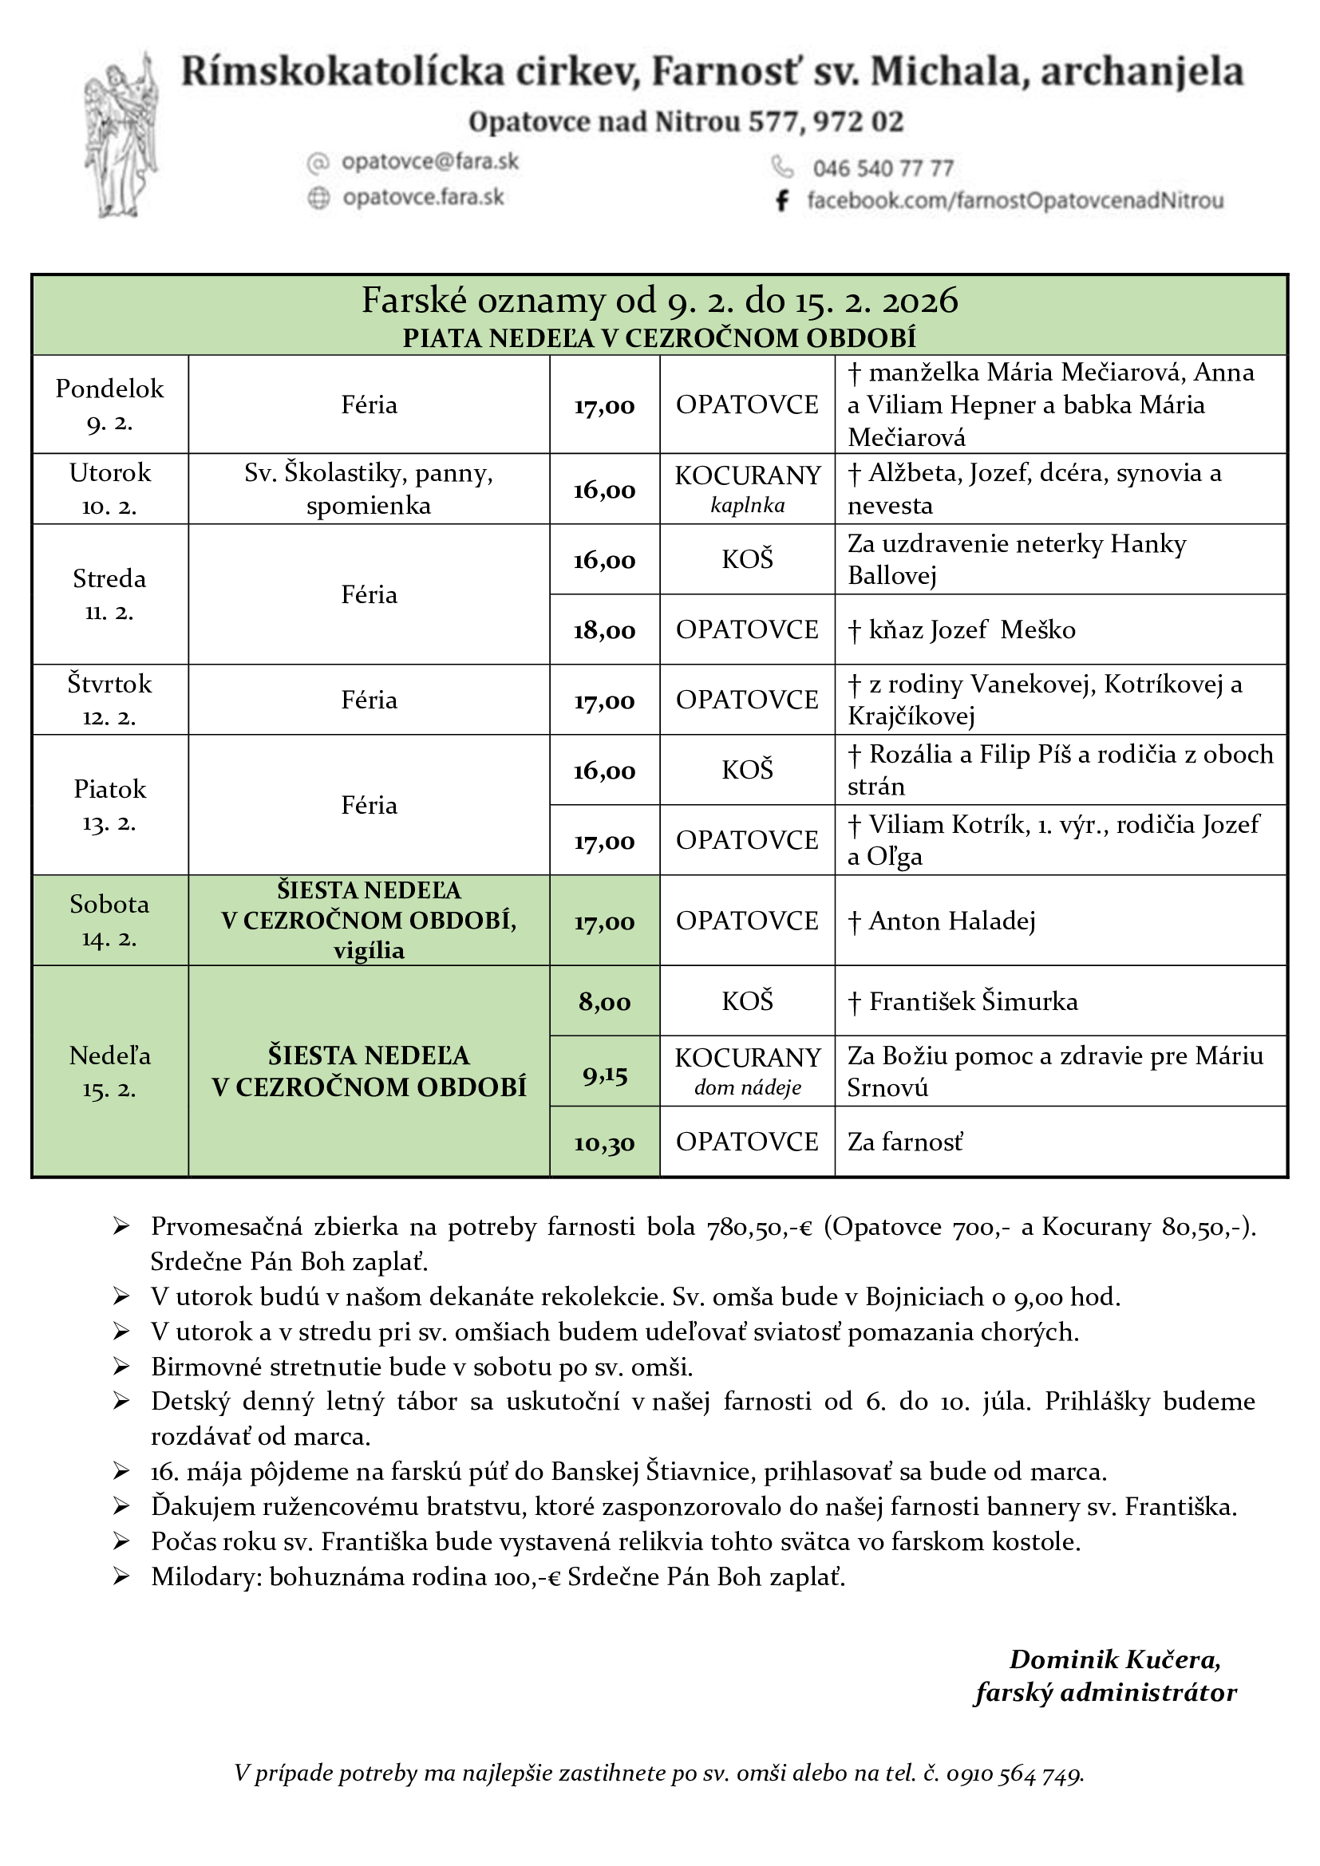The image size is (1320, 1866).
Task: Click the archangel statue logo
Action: click(x=121, y=136)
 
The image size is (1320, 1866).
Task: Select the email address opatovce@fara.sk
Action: click(x=429, y=162)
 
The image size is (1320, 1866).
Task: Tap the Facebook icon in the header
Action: click(x=782, y=200)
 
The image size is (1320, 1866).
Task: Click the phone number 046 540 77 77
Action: click(x=883, y=168)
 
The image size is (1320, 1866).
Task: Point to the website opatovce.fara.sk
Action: click(x=423, y=198)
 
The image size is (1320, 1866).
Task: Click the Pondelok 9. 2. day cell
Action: click(x=109, y=404)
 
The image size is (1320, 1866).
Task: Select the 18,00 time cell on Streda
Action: click(x=604, y=631)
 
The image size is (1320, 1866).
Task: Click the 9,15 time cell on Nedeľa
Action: click(x=605, y=1075)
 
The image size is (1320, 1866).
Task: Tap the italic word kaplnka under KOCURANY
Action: click(x=747, y=506)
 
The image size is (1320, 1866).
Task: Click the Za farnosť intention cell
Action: click(x=905, y=1142)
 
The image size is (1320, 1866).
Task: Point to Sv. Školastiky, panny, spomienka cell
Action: click(x=368, y=488)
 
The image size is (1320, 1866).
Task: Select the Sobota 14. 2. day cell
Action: click(x=109, y=921)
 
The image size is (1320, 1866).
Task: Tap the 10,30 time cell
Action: click(x=604, y=1142)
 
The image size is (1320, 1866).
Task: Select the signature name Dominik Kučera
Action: click(x=1114, y=1659)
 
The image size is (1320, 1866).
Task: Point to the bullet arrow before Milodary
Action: click(x=121, y=1577)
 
